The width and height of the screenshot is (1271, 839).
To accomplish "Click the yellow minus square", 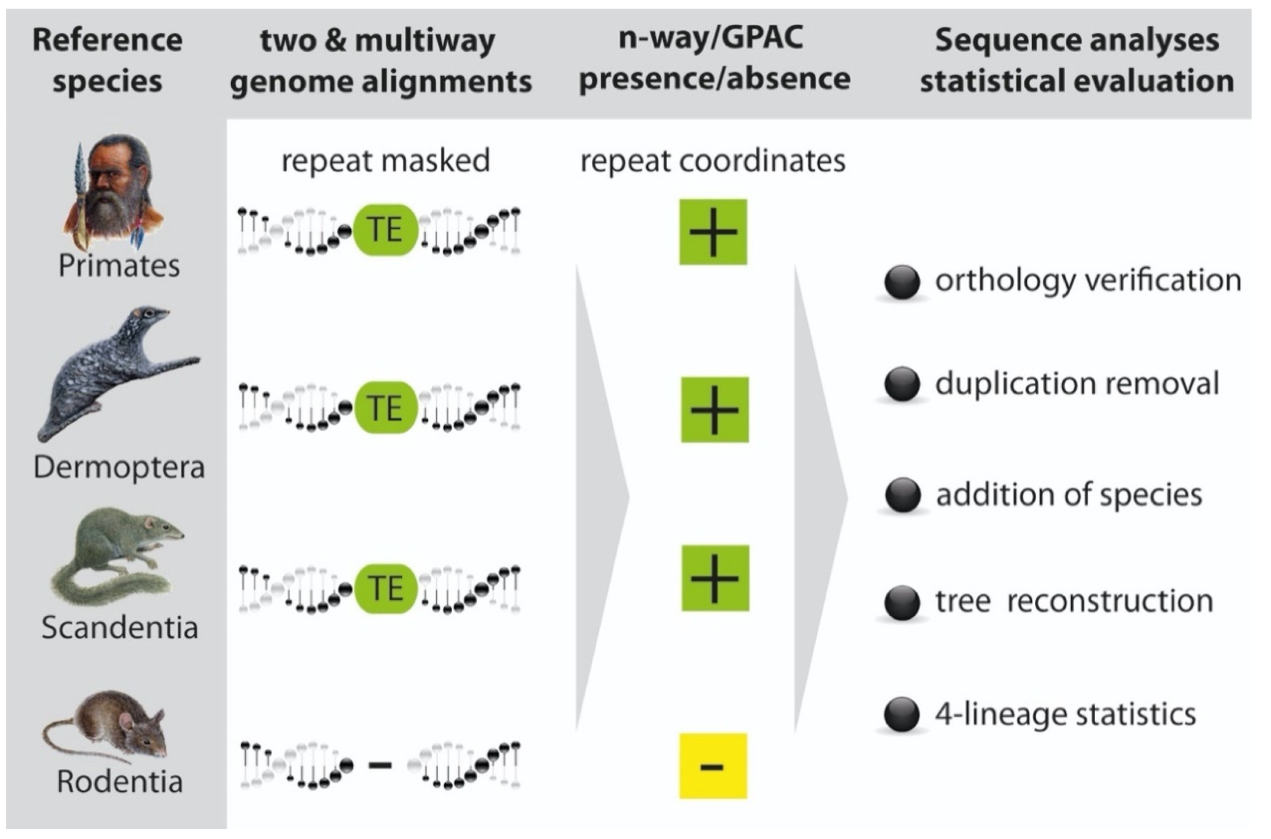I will coord(713,766).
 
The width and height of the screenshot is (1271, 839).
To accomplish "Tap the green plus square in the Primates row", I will coord(713,232).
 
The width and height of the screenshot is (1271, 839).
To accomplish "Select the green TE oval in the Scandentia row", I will coord(385,588).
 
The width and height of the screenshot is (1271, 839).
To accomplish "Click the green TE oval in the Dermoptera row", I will coord(385,408).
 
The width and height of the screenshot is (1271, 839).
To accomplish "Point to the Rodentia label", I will coord(120,782).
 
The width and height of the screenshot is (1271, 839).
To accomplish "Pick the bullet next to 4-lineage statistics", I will coord(902,714).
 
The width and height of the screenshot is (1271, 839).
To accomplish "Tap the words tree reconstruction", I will coord(1074,600).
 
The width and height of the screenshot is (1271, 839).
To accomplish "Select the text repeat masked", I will coord(385,160).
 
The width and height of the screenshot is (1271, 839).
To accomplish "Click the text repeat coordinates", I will coord(713,160).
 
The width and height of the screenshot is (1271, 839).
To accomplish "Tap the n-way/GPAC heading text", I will coord(711,39).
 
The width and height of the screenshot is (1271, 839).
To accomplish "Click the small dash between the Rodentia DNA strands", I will coord(380,765).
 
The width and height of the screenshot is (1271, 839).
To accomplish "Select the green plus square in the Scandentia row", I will coord(715,578).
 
